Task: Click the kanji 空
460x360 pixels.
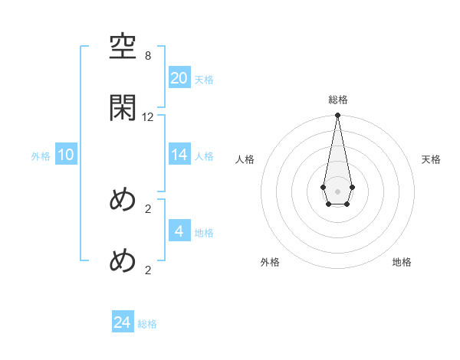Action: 123,50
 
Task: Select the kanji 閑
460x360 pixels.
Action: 123,108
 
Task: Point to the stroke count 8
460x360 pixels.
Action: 148,56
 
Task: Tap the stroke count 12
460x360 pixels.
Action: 148,117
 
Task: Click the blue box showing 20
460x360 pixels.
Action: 179,77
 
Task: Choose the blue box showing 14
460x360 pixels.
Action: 179,154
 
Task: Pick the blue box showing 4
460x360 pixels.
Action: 179,231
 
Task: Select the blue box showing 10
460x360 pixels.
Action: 65,155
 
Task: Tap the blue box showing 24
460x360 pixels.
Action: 122,322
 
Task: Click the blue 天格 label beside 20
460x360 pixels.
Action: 204,79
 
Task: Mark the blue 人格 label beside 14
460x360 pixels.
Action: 204,155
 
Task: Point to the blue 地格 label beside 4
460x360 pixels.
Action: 204,232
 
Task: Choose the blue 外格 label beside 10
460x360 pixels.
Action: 41,155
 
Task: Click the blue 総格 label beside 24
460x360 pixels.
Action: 147,324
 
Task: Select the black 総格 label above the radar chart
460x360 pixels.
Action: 338,100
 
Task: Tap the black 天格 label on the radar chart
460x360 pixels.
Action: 432,159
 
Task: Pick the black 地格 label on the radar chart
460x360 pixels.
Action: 402,262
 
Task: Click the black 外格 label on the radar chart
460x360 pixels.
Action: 270,262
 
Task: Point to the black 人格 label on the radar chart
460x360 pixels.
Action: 245,159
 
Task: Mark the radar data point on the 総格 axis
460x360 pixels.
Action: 337,116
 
